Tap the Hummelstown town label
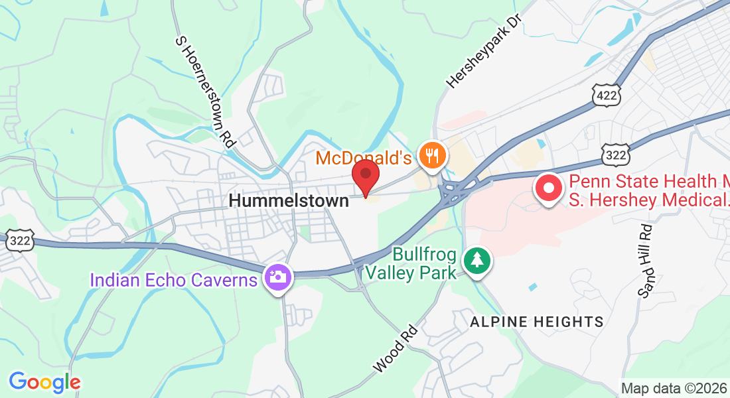(289, 200)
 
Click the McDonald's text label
(363, 158)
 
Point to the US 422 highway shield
(607, 96)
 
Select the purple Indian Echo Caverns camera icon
(277, 277)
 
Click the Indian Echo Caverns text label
(173, 279)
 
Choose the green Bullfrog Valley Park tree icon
(476, 260)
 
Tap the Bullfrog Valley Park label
(425, 263)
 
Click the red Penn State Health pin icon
(549, 189)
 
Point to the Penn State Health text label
(647, 190)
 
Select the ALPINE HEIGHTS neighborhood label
(537, 322)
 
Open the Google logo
(44, 382)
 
